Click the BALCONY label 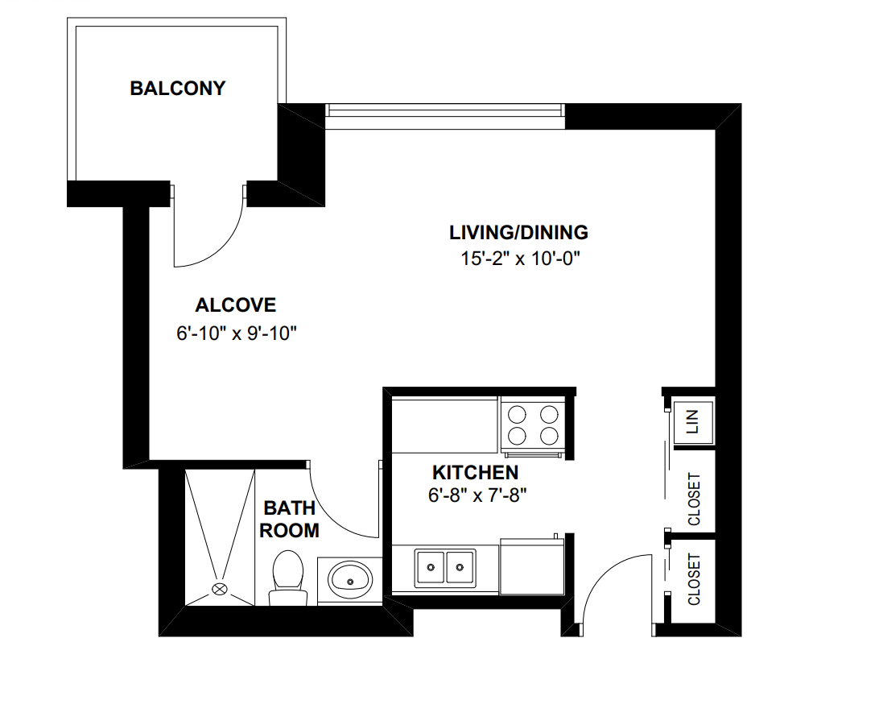(178, 88)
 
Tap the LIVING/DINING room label (518, 233)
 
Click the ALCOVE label (235, 305)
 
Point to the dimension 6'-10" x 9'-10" (237, 333)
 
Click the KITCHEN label (475, 473)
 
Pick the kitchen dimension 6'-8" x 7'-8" (477, 495)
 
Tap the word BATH (289, 508)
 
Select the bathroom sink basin (350, 578)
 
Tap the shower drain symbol (219, 589)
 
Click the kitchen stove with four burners (530, 425)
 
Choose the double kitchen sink (445, 568)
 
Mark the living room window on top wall (444, 116)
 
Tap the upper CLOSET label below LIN (694, 499)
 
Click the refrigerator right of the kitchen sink (532, 566)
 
